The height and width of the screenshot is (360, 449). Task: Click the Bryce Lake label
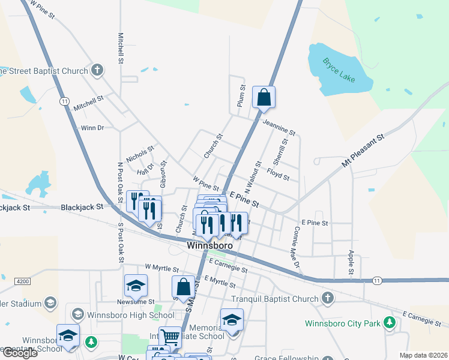(339, 70)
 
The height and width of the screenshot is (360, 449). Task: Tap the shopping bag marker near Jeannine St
(264, 97)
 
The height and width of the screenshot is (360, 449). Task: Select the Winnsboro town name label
(209, 246)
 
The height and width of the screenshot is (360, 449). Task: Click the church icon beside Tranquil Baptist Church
(327, 298)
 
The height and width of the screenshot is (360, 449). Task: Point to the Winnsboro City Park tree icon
(390, 323)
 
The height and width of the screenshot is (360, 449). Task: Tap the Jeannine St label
(279, 127)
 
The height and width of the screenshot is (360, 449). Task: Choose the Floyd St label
(279, 177)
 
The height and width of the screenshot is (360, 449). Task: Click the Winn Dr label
(92, 127)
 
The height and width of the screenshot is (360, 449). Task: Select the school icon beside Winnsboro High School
(77, 314)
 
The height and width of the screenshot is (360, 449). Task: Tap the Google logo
(19, 353)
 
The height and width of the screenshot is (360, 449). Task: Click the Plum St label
(242, 96)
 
